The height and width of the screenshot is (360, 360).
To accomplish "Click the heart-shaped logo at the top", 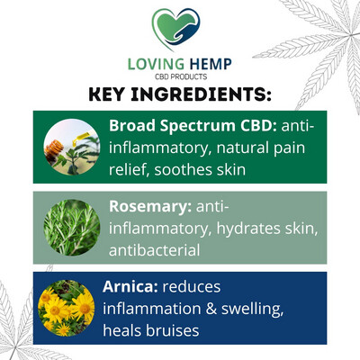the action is pos(175,29).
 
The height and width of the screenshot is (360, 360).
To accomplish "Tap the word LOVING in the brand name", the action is pos(156,64).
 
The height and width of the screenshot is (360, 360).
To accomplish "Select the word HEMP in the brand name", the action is pos(211,64).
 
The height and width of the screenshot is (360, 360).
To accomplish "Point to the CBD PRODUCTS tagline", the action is pos(181,76).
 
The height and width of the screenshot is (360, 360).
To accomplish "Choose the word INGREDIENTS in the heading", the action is pos(201,94).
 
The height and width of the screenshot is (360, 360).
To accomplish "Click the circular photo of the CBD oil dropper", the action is pos(72,147).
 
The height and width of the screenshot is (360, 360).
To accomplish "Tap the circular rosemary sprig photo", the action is pos(72,228).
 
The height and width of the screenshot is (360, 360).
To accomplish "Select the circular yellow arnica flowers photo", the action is pos(67,308).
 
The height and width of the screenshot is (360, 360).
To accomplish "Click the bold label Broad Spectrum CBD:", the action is pos(193,126).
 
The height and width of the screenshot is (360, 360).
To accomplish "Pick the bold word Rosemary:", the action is pos(150,207).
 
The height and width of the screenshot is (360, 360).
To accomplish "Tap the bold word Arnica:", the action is pos(130,287).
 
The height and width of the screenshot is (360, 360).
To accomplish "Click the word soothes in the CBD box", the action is pos(179,169).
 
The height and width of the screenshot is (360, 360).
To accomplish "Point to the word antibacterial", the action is pos(154,250).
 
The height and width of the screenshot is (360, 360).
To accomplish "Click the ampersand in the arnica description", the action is pos(211,309).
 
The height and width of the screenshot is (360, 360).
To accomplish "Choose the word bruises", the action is pos(172,330).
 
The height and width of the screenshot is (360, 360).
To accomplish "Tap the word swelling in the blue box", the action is pos(253,310).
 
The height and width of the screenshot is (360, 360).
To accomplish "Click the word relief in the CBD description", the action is pos(129,169).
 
